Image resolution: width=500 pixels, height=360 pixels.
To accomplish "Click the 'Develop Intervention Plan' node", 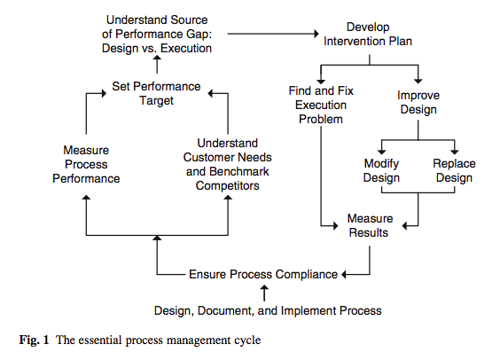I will (367, 34).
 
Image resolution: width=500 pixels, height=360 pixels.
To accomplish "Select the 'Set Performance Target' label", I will (155, 94).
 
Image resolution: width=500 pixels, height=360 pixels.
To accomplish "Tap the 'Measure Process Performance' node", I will (86, 165).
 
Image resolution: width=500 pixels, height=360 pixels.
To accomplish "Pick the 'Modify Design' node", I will (382, 170).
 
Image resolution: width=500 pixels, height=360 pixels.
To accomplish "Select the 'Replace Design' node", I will (454, 170).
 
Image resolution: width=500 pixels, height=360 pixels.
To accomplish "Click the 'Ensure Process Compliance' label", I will (262, 275).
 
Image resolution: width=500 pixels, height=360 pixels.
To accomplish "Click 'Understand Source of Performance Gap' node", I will (158, 34).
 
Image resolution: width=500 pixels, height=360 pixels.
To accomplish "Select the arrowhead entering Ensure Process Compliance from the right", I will (346, 275).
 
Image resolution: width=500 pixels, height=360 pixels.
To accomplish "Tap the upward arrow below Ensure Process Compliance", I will (263, 292).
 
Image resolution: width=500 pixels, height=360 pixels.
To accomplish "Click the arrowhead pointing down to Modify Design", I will (382, 152).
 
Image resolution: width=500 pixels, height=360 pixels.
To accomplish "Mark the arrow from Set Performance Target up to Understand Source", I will (157, 66).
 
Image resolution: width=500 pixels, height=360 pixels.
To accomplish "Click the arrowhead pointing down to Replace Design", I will (454, 152).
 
